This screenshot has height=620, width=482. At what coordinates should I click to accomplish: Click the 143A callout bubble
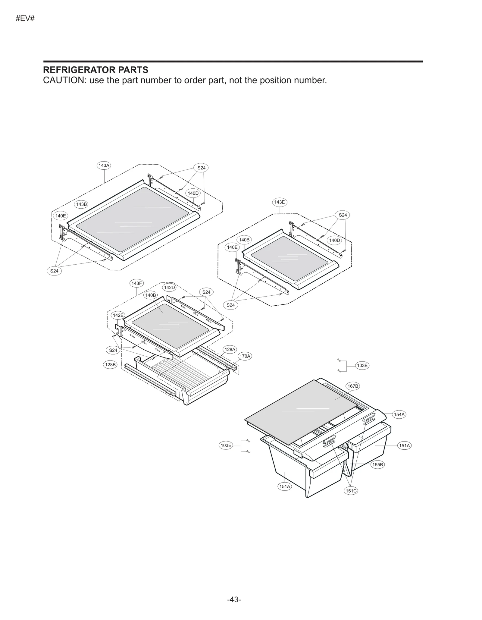point(104,165)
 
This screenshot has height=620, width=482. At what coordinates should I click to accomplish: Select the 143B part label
point(81,204)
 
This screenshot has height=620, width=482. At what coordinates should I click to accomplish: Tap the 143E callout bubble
point(279,202)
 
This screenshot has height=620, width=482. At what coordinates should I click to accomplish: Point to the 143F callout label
point(137,283)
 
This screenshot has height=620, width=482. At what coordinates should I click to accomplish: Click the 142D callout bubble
point(169,288)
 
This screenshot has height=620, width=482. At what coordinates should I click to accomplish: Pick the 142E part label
point(118,315)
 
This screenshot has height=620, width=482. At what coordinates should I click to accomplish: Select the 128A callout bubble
point(230,350)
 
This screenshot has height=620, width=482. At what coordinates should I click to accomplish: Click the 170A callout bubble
point(245,356)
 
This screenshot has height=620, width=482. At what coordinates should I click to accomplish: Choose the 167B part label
point(353,386)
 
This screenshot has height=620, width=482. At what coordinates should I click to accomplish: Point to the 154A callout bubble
point(399,414)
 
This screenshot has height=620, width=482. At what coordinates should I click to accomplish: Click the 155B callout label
point(377,465)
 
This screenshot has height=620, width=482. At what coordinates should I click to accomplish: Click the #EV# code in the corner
point(25,19)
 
